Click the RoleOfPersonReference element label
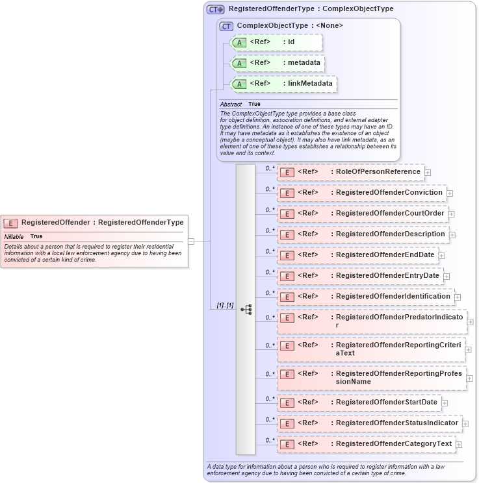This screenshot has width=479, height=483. pyautogui.click(x=378, y=172)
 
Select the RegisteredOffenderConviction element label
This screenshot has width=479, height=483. pyautogui.click(x=389, y=193)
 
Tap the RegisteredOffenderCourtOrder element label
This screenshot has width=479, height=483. pyautogui.click(x=390, y=214)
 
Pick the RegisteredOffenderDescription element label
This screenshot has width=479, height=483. pyautogui.click(x=390, y=234)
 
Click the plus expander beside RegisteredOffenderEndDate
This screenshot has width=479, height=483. pyautogui.click(x=442, y=256)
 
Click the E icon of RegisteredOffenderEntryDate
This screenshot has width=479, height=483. pyautogui.click(x=287, y=277)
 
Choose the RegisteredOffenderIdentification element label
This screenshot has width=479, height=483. pyautogui.click(x=393, y=297)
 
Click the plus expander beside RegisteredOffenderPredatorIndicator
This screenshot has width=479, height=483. pyautogui.click(x=471, y=322)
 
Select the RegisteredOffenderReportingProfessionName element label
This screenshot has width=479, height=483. pyautogui.click(x=398, y=377)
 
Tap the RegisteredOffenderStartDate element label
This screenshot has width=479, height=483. pyautogui.click(x=386, y=402)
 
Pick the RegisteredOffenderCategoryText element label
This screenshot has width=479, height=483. pyautogui.click(x=393, y=444)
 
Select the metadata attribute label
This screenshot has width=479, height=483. pyautogui.click(x=306, y=63)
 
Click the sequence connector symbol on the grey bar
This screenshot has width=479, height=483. pyautogui.click(x=246, y=310)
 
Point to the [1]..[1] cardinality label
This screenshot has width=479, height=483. pyautogui.click(x=225, y=305)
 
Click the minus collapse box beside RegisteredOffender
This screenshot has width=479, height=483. pyautogui.click(x=191, y=241)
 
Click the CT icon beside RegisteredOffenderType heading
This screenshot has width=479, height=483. pyautogui.click(x=216, y=10)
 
